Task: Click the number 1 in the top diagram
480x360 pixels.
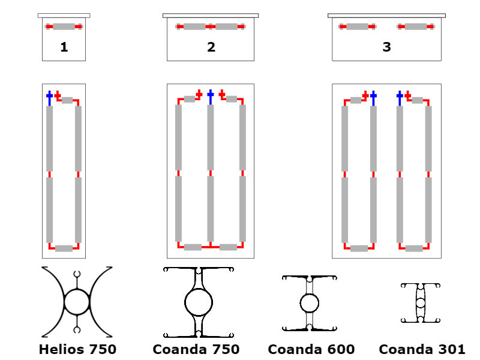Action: tap(64, 47)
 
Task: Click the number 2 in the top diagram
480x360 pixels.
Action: tap(211, 47)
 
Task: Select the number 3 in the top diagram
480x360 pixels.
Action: tap(386, 47)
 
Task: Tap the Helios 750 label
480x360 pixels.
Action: tap(77, 349)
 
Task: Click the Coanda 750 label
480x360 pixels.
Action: tap(196, 349)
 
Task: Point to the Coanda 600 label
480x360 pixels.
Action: tap(311, 349)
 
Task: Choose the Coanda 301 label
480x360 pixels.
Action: tap(422, 349)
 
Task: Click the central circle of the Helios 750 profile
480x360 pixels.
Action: tap(77, 302)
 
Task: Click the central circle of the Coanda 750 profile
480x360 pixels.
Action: tap(198, 302)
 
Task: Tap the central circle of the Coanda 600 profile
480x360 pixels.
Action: tap(310, 303)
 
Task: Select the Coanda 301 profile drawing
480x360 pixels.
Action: tap(421, 303)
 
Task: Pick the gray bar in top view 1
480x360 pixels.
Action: tap(64, 26)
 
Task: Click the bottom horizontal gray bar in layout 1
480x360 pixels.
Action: tap(64, 248)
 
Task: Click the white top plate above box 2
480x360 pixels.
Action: tap(211, 15)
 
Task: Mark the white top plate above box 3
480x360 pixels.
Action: tap(386, 15)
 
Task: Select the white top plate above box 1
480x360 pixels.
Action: tap(64, 15)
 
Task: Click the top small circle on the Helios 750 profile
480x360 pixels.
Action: tap(77, 274)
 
